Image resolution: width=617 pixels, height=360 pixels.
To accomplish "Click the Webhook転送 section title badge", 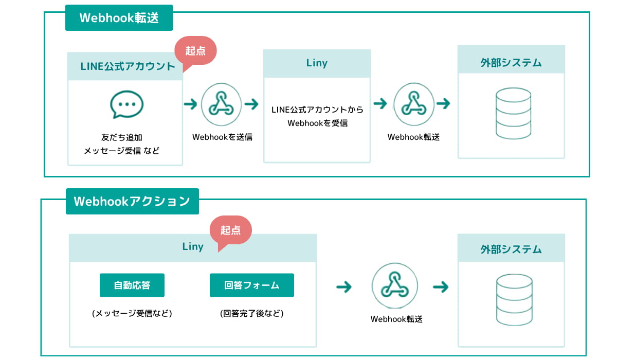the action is coord(119,17).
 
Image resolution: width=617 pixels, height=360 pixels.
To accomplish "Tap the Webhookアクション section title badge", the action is coord(132,202).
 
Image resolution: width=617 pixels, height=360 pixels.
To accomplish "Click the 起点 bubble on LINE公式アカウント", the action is coord(196,51).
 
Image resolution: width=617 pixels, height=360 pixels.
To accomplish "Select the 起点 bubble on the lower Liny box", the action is coord(231,231).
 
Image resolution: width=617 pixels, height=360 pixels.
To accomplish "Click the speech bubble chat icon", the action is coord(126,104).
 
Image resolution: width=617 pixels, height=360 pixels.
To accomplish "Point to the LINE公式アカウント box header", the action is coord(125,66).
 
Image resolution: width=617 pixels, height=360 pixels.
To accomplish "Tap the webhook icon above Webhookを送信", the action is coord(221,104).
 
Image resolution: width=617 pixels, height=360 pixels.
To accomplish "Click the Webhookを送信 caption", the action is coord(222,137).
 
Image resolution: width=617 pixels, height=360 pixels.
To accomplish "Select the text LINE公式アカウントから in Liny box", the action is coord(317,110).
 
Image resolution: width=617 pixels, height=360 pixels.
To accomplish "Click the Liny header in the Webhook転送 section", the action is coord(317,63).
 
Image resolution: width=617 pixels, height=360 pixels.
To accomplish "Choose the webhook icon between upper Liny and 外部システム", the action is coord(414,104).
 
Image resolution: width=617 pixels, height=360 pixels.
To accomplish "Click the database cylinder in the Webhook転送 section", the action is coord(514,113).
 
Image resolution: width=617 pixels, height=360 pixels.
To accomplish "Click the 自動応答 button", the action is coord(132,285).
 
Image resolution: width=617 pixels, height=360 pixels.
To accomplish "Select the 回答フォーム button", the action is coord(252,285).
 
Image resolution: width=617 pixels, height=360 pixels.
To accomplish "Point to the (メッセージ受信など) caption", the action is coord(132,313).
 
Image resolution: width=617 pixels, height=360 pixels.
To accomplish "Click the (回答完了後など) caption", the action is coord(252,313).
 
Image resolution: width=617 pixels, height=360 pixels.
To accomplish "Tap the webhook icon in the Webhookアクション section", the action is coord(395,285).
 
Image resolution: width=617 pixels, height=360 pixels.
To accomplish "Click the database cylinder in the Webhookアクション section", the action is coord(514,300).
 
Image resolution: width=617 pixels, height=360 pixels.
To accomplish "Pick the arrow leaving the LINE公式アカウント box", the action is coord(191,104).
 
